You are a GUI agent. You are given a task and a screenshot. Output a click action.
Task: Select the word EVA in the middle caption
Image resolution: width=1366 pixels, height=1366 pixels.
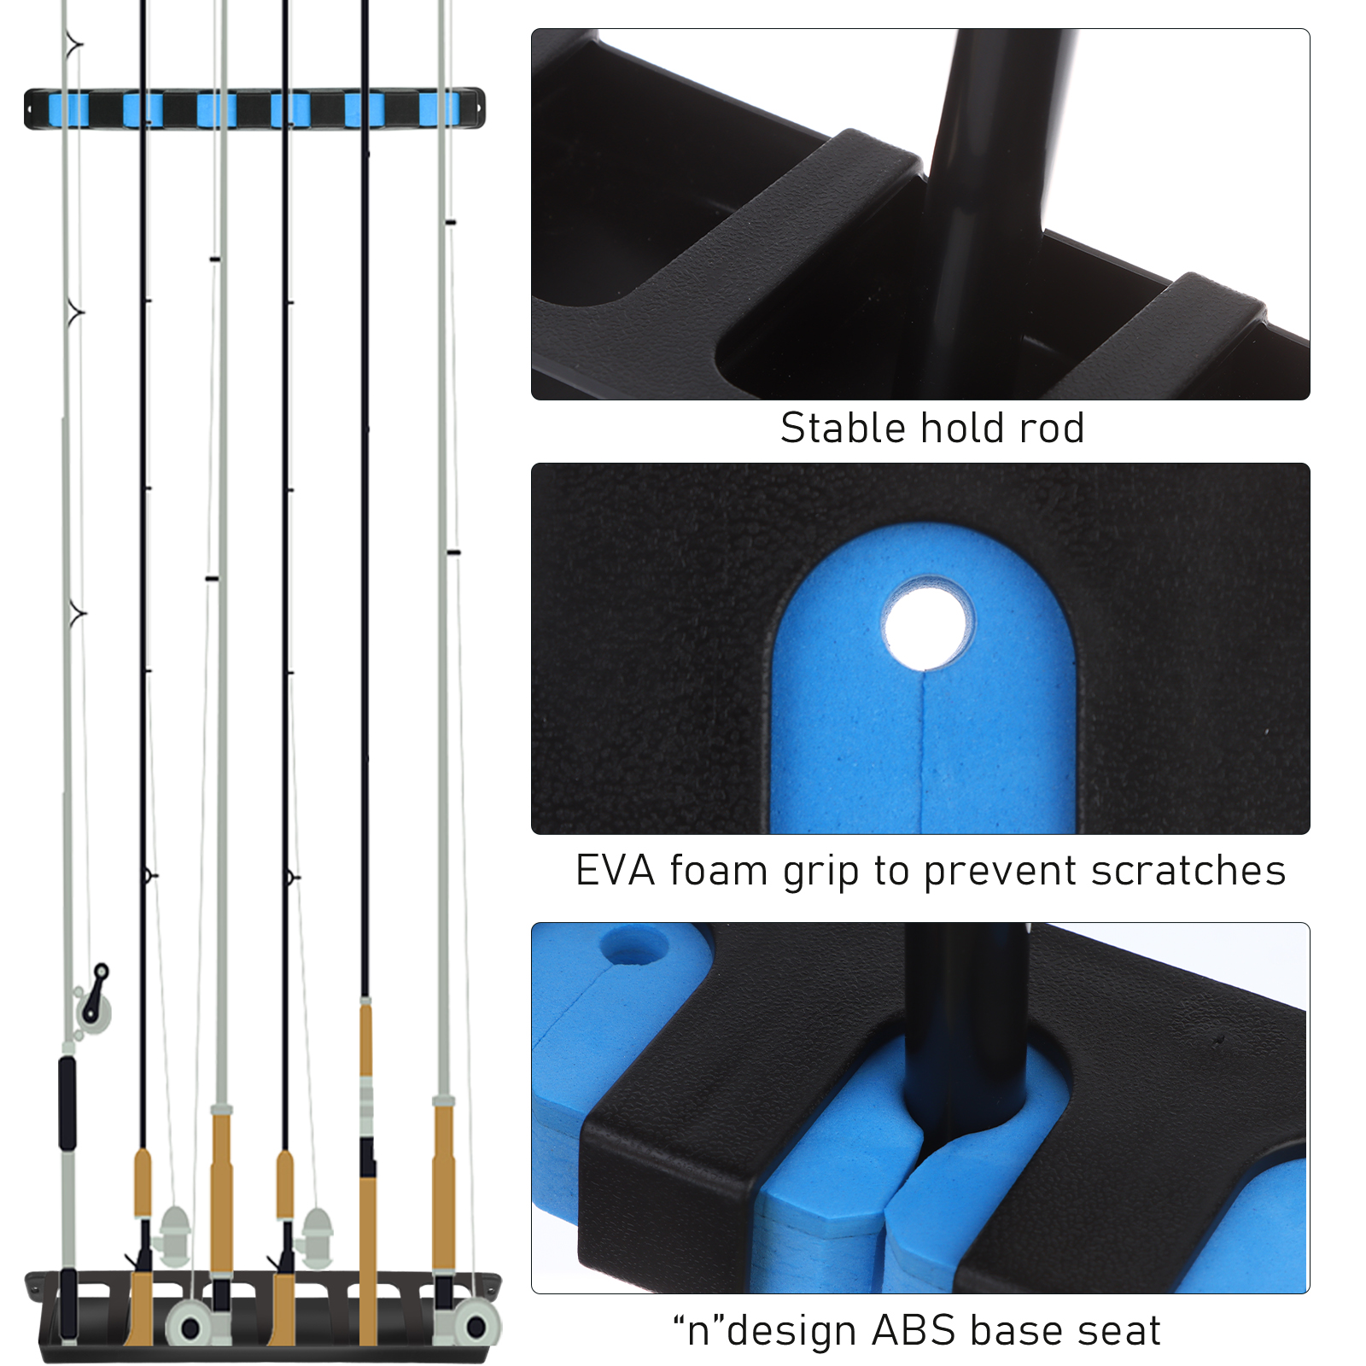click(616, 871)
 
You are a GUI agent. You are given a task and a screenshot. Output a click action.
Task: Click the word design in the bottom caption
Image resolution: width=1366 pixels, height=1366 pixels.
click(791, 1330)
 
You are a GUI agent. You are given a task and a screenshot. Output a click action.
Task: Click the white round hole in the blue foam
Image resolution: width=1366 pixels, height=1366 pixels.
click(928, 622)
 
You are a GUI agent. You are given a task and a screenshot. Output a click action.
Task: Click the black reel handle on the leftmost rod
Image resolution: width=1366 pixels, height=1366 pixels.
click(97, 991)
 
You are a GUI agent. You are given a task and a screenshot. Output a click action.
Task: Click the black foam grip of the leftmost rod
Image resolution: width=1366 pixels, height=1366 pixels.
click(67, 1103)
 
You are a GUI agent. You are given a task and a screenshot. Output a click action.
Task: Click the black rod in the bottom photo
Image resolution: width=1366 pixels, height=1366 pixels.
click(965, 1033)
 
